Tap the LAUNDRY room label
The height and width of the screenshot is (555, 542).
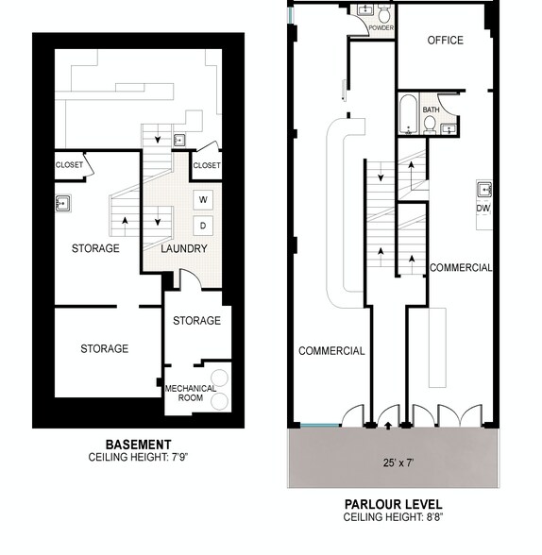(183, 249)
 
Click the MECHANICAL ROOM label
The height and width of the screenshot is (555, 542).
(191, 393)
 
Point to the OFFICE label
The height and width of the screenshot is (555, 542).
(445, 41)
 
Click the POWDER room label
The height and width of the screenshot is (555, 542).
(381, 28)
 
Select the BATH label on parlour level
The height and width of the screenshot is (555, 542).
(431, 110)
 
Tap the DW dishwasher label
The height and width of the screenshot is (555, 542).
(483, 208)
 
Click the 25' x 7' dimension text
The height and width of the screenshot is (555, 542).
(392, 463)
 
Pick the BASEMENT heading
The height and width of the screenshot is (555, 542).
(138, 445)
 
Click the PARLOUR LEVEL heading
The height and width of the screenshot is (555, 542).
(392, 505)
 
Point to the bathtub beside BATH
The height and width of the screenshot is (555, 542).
(408, 114)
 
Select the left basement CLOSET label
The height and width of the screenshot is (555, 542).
(69, 165)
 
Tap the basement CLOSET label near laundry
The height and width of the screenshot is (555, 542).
(206, 166)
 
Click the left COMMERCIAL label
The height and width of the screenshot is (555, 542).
(331, 351)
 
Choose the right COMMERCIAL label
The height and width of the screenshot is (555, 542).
(461, 268)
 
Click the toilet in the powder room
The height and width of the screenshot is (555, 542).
(384, 13)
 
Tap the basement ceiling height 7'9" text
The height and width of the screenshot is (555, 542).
(138, 458)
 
